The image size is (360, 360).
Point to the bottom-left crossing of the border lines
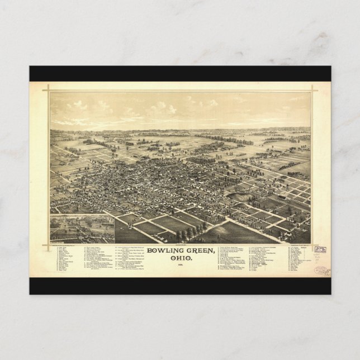[49, 244]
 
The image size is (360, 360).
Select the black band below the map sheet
[180, 286]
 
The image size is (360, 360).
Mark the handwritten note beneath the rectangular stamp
[321, 258]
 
